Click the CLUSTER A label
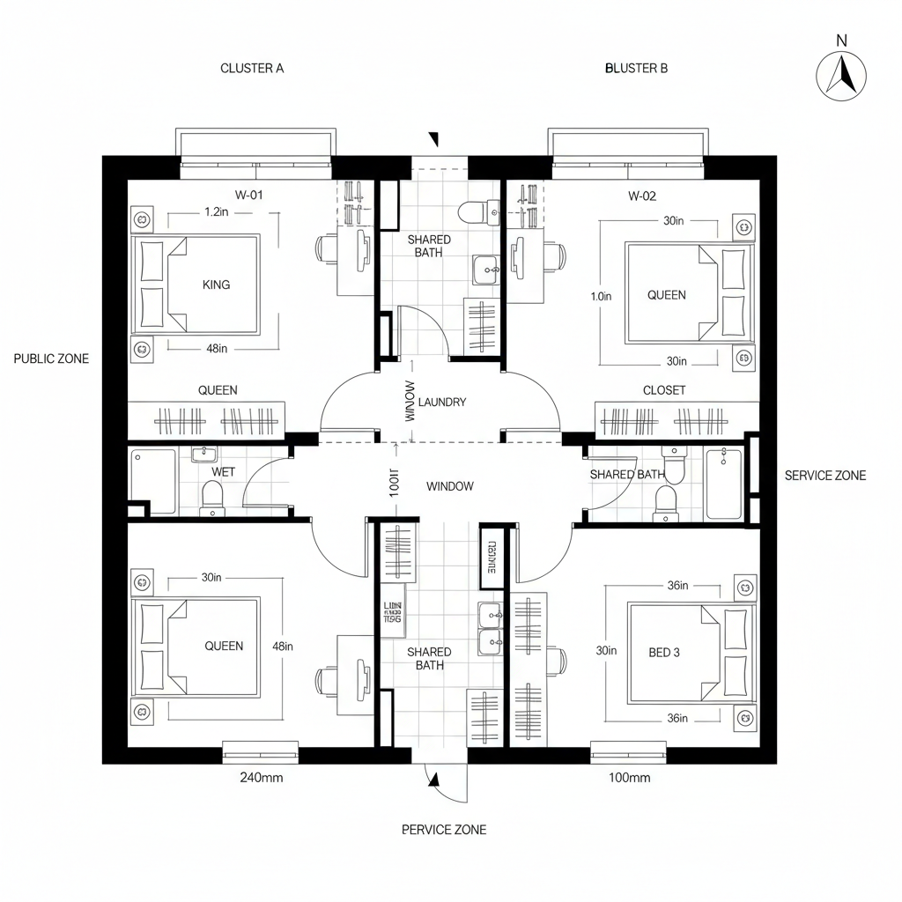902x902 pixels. pyautogui.click(x=252, y=68)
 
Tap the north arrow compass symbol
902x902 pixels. pyautogui.click(x=841, y=75)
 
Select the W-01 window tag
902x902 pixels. pyautogui.click(x=249, y=196)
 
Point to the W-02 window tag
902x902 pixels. pyautogui.click(x=642, y=196)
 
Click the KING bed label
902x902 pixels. pyautogui.click(x=216, y=285)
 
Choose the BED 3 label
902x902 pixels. pyautogui.click(x=663, y=653)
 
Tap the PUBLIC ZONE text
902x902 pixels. pyautogui.click(x=51, y=359)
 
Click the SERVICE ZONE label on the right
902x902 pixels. pyautogui.click(x=824, y=476)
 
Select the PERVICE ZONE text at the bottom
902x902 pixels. pyautogui.click(x=443, y=830)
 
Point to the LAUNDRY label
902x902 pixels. pyautogui.click(x=442, y=402)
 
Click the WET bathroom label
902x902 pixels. pyautogui.click(x=224, y=472)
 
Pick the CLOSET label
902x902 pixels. pyautogui.click(x=664, y=390)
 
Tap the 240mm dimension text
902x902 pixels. pyautogui.click(x=262, y=778)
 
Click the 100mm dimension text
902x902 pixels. pyautogui.click(x=629, y=778)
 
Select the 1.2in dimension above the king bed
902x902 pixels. pyautogui.click(x=218, y=212)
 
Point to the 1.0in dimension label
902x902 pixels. pyautogui.click(x=601, y=297)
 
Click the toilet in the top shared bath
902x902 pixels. pyautogui.click(x=473, y=212)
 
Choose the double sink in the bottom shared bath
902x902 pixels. pyautogui.click(x=490, y=630)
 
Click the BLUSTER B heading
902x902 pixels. pyautogui.click(x=636, y=68)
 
